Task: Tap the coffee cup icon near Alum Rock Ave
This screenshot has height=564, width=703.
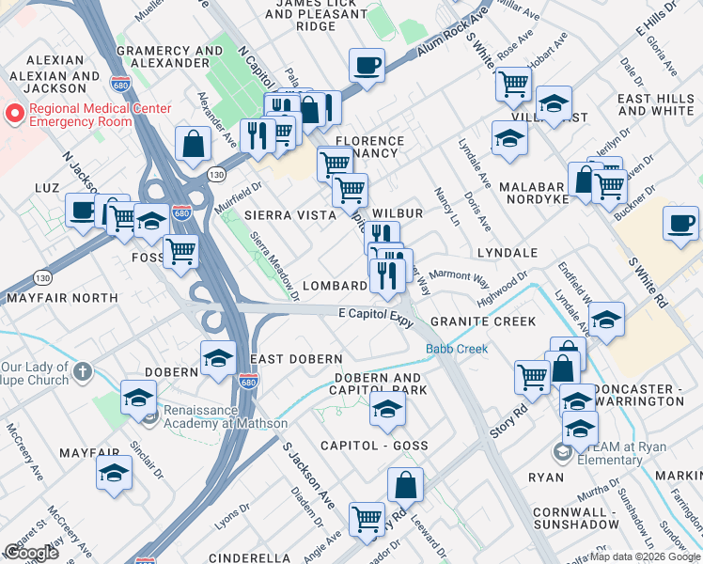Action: point(367,66)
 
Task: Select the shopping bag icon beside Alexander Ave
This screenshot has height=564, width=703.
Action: point(193,144)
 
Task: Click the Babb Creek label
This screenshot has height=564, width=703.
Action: point(457,350)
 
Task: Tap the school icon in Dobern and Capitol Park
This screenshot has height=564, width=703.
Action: point(386,408)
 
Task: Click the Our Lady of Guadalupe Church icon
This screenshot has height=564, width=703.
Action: point(83,372)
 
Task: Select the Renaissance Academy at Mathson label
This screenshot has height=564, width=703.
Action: point(226,416)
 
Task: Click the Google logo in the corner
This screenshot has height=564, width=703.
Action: point(31,553)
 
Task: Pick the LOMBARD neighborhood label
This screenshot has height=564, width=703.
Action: point(335,286)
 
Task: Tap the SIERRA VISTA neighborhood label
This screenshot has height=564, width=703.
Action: point(289,215)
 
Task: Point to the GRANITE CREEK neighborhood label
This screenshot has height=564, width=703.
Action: point(483,321)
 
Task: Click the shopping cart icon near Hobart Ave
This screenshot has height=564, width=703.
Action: point(513,83)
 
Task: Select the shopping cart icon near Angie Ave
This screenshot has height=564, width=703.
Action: point(367,517)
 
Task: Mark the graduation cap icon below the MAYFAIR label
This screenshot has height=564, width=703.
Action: point(114,471)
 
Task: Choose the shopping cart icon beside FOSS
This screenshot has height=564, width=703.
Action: point(180,250)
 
